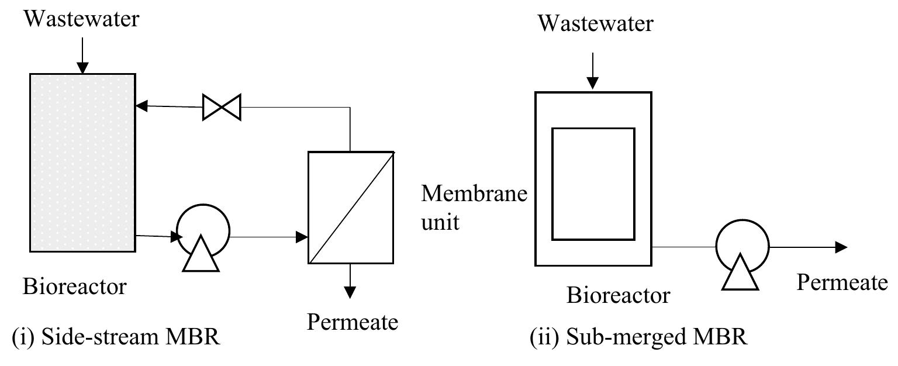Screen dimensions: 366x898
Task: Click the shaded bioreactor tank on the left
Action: [82, 162]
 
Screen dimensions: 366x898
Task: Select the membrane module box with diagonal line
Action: [351, 207]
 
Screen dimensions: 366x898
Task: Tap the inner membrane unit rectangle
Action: [593, 184]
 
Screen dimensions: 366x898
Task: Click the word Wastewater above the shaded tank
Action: [82, 19]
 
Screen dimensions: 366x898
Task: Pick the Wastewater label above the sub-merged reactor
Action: [595, 24]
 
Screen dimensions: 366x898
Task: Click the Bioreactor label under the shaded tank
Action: [74, 286]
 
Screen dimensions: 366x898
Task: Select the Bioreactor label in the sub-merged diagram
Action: [618, 295]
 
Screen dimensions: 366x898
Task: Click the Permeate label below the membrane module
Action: [353, 322]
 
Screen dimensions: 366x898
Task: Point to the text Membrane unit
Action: [474, 207]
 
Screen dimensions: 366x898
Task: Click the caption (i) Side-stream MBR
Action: [116, 338]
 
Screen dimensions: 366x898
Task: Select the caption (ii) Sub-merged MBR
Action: [638, 338]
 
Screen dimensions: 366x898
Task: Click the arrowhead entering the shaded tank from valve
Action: [141, 106]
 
